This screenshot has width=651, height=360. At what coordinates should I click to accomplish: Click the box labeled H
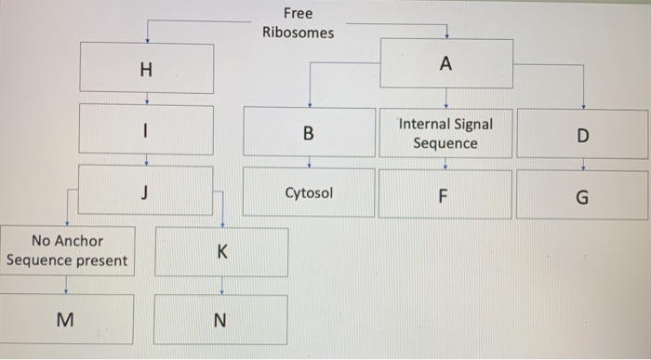146,68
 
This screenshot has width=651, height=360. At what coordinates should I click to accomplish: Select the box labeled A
446,63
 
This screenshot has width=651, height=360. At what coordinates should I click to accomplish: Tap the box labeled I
146,130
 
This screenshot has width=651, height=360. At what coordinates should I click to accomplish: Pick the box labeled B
309,132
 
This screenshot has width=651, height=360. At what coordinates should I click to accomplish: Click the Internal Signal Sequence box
446,133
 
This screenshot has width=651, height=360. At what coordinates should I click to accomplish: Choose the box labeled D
582,135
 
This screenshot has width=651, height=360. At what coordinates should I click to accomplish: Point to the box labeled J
146,191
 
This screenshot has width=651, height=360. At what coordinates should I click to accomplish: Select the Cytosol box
309,193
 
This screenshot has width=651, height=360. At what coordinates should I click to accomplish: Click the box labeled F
445,195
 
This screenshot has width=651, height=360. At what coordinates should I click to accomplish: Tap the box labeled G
582,196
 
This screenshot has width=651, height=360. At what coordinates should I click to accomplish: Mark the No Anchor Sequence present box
66,251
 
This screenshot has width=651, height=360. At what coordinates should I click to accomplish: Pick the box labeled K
220,252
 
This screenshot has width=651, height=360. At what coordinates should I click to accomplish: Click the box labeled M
66,319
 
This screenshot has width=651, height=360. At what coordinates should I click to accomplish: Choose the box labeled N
220,320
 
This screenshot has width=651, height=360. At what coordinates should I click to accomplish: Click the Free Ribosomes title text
298,23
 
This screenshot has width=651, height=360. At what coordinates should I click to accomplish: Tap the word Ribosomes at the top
298,33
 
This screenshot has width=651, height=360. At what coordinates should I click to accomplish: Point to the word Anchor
81,241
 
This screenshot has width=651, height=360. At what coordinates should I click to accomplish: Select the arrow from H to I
146,98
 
